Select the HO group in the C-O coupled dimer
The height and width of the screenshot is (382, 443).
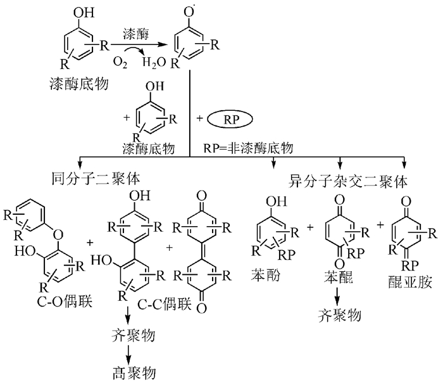[x=35, y=250]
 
